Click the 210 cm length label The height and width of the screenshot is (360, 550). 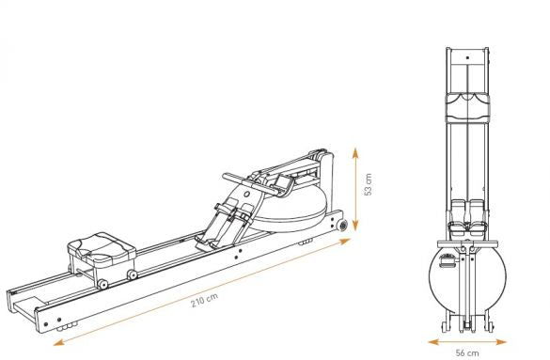[205, 300]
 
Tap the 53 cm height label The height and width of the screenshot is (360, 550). [368, 184]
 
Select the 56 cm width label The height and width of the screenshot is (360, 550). [467, 352]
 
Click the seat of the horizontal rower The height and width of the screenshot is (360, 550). [102, 249]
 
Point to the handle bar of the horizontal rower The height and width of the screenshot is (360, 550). [245, 183]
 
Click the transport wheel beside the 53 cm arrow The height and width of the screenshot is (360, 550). [341, 225]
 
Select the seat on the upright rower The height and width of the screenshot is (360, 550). [467, 108]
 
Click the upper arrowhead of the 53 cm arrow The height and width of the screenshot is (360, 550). [355, 153]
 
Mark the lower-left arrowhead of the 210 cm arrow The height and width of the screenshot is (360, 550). [58, 342]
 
